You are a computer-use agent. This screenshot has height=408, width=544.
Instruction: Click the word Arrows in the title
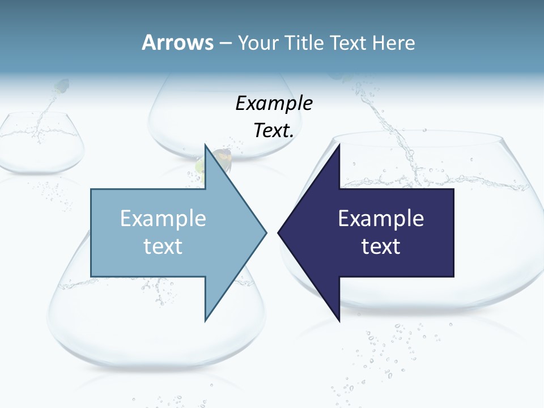177,42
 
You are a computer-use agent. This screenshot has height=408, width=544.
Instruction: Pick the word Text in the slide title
350,43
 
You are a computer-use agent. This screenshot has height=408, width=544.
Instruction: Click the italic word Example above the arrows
274,104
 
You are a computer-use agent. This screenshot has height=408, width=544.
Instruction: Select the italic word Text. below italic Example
274,131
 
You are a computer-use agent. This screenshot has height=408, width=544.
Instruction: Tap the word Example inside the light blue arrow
163,219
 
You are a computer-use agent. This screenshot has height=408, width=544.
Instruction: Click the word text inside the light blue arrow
163,246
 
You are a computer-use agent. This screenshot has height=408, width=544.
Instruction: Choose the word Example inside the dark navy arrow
381,219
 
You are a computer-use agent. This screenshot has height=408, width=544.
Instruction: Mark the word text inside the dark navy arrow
381,246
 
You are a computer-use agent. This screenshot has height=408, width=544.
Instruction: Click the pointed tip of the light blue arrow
266,232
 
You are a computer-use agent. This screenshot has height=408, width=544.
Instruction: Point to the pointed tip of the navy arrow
279,232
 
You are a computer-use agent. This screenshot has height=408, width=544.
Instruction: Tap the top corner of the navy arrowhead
339,144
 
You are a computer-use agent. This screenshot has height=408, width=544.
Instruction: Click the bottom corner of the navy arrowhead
339,321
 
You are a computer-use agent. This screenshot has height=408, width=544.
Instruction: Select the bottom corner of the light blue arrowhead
205,321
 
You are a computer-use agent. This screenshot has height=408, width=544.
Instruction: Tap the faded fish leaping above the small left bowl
61,86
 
